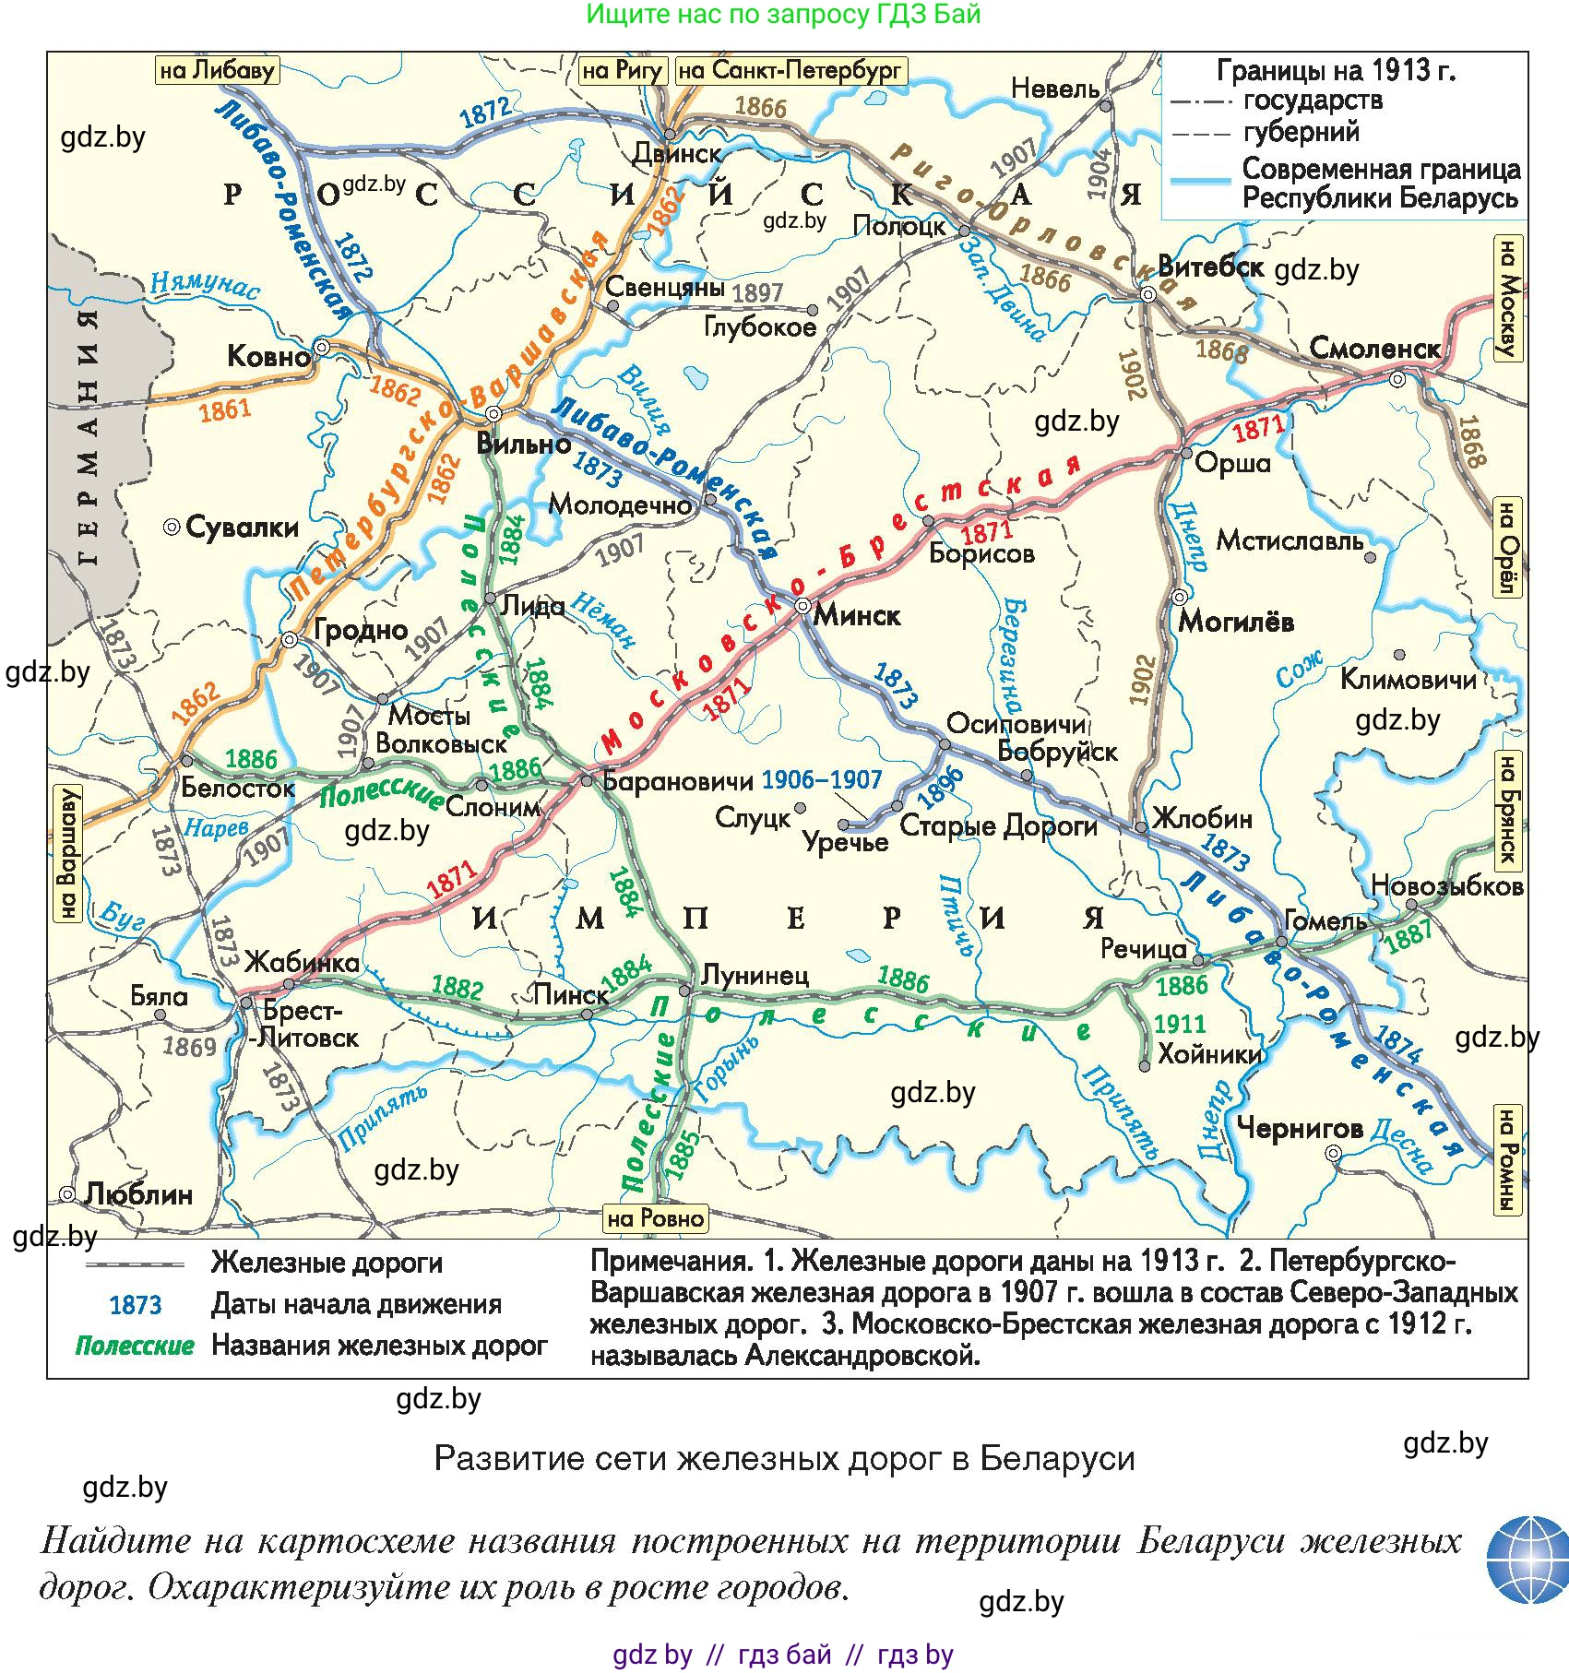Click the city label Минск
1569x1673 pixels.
click(857, 615)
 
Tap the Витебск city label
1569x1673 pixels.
click(1210, 267)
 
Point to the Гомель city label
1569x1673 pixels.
click(1325, 920)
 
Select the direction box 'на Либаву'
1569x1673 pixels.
click(217, 71)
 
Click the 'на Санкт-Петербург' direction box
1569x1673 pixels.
click(790, 71)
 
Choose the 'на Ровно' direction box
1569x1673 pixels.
click(655, 1218)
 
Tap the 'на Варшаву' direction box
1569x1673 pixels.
click(67, 853)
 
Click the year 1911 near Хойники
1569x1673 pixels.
click(1180, 1024)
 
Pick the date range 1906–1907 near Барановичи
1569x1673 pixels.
click(822, 780)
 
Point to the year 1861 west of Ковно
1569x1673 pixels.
click(225, 409)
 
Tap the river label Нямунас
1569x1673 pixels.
click(205, 285)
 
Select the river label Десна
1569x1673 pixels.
click(1401, 1143)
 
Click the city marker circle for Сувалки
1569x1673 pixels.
click(172, 527)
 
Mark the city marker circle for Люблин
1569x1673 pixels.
click(67, 1194)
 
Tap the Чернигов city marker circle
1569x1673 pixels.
click(1333, 1153)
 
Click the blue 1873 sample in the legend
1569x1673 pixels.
click(136, 1305)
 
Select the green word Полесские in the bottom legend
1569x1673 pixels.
click(135, 1346)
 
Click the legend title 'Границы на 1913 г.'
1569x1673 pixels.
click(1336, 71)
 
